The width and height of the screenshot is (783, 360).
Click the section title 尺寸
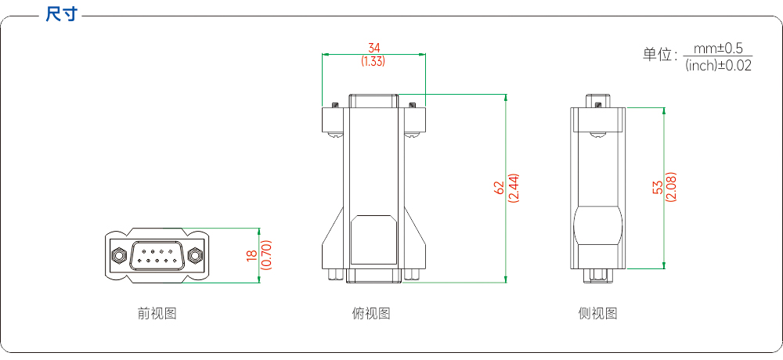pos(61,14)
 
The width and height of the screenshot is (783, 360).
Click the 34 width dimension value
pos(374,48)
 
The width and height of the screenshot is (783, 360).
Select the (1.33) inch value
pos(373,61)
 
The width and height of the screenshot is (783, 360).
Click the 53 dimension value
pos(659,187)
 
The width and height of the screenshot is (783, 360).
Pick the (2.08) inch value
pos(671,187)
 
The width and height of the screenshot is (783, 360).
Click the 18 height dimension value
pos(251,255)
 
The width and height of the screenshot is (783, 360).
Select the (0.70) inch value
pos(267,255)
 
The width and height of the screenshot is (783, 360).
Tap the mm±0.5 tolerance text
pos(717,49)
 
